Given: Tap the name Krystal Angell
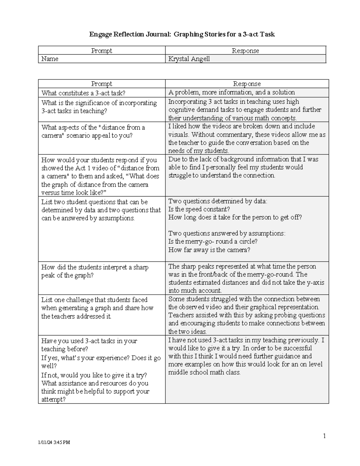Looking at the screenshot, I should pos(189,59).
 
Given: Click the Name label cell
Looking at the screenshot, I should pos(50,59).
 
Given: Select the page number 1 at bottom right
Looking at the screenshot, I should pos(324,436).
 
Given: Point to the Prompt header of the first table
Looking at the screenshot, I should pos(101,51).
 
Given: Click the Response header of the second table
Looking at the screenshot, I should pos(247,84).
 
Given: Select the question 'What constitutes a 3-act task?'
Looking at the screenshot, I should pos(83,93).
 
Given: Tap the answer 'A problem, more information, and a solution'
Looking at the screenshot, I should pos(231,92).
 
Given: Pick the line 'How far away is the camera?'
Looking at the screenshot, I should pos(209,250).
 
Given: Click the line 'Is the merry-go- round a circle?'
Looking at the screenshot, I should pos(213,242).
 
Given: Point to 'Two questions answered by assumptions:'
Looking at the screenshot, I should pos(227,233).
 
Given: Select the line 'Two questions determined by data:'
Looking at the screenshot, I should pos(217,201).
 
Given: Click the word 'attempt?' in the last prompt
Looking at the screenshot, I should pos(53,399).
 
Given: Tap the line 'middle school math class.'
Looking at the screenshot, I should pos(204,372).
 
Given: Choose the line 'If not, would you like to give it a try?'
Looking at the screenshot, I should pos(94,375).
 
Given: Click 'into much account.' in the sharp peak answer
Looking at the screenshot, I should pos(195,290).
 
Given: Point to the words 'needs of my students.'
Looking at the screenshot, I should pos(198,151).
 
